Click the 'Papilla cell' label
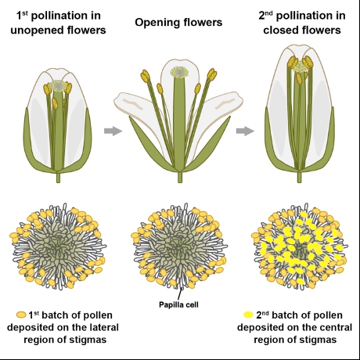(178, 304)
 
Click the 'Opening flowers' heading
(178, 23)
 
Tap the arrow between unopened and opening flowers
(113, 131)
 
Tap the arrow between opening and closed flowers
(245, 131)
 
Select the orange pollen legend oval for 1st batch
(21, 315)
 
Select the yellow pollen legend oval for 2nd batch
(248, 315)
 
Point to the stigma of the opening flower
(179, 72)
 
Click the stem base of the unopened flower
(58, 178)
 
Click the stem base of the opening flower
(180, 178)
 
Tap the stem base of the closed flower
(299, 178)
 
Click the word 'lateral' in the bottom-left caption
(102, 327)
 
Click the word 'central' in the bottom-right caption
(335, 327)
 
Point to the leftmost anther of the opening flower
(146, 76)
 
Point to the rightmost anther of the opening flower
(212, 75)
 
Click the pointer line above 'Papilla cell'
(180, 294)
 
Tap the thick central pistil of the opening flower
(179, 123)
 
